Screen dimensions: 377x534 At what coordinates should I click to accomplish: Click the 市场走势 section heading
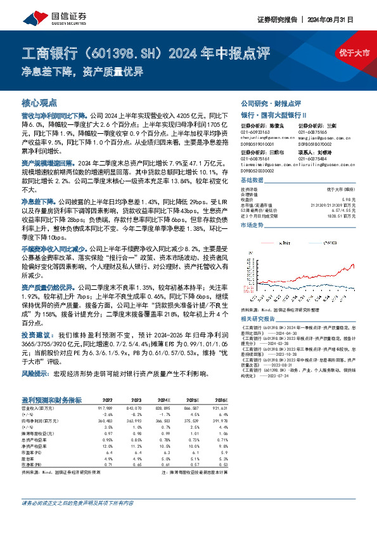pos(253,225)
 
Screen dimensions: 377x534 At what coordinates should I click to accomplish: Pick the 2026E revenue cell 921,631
pos(217,408)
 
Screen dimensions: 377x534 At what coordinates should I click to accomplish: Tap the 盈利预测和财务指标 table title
pos(53,400)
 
